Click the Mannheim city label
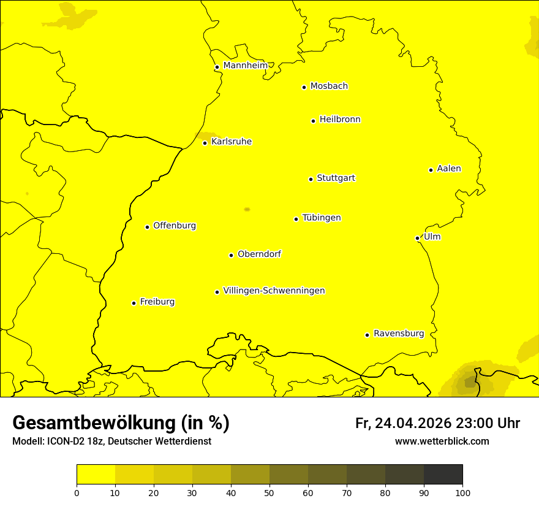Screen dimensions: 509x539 pyautogui.click(x=245, y=66)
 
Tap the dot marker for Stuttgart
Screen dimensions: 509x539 pyautogui.click(x=311, y=179)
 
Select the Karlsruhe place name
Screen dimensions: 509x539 pyautogui.click(x=231, y=142)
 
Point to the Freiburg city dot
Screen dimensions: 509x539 pyautogui.click(x=134, y=303)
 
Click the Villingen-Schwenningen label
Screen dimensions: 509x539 pyautogui.click(x=274, y=291)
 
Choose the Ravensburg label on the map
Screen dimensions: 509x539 pyautogui.click(x=398, y=334)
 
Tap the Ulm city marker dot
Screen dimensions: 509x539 pyautogui.click(x=417, y=238)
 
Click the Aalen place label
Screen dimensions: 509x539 pyautogui.click(x=448, y=169)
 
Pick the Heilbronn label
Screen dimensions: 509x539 pyautogui.click(x=339, y=120)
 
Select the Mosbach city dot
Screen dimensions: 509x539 pyautogui.click(x=304, y=87)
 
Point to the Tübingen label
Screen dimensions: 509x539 pyautogui.click(x=321, y=218)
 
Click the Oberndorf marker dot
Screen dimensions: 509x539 pyautogui.click(x=231, y=255)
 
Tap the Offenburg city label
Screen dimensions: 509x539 pyautogui.click(x=174, y=226)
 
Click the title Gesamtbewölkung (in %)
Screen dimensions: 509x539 pyautogui.click(x=121, y=423)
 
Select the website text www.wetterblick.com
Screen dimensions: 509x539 pyautogui.click(x=442, y=441)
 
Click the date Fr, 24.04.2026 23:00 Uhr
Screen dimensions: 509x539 pyautogui.click(x=437, y=423)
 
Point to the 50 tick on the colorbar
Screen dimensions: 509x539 pyautogui.click(x=269, y=492)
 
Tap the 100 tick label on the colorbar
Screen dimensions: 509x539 pyautogui.click(x=462, y=492)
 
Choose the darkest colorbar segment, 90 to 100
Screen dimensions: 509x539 pyautogui.click(x=443, y=474)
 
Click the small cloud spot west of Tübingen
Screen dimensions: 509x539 pyautogui.click(x=247, y=209)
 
